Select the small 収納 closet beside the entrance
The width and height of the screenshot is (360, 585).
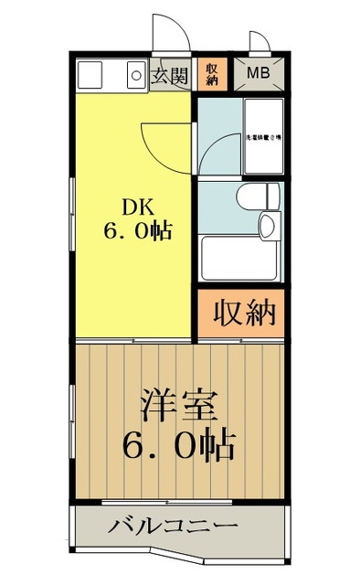click(x=211, y=74)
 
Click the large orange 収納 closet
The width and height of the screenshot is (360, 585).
click(x=243, y=314)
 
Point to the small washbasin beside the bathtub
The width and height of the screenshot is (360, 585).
click(x=270, y=224)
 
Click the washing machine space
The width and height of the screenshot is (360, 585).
click(x=263, y=137)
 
